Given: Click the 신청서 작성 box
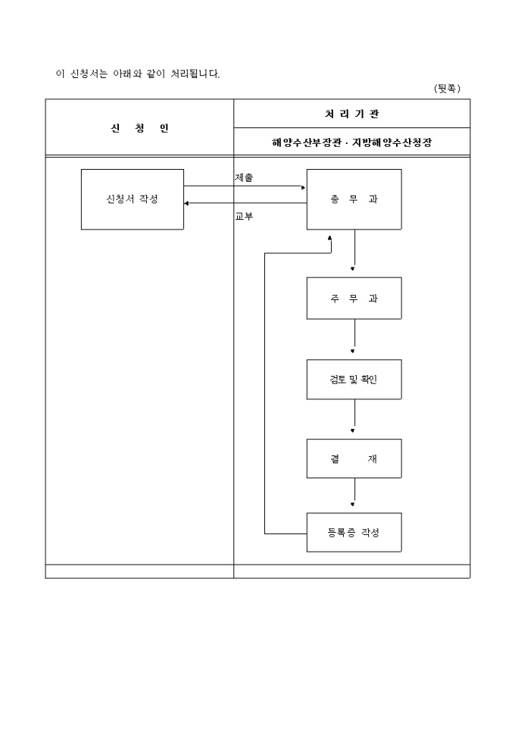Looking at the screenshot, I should [133, 199].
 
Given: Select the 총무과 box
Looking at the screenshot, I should [354, 199].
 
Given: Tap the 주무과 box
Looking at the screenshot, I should [354, 298].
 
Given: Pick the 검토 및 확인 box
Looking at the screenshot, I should [354, 380].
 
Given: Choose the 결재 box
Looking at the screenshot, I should [354, 458].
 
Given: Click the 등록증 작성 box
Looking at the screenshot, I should [354, 532].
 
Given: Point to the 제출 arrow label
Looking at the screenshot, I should [244, 177].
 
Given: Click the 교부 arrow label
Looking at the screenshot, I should [244, 216].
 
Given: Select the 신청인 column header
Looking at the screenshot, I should [139, 127].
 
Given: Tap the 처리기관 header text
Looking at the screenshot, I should [351, 114].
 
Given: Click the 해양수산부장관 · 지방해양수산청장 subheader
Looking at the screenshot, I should [351, 142].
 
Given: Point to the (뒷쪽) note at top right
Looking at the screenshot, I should [447, 89].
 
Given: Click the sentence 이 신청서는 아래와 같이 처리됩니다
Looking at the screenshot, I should [138, 74].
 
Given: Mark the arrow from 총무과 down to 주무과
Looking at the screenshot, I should [354, 250].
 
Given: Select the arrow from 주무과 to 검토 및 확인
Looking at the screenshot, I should [354, 336].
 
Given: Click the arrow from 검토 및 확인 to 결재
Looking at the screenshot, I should [354, 416].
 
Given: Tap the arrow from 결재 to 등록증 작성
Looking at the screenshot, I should [354, 493].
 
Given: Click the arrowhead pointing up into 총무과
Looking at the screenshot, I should [330, 237].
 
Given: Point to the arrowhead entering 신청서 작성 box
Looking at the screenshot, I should [188, 203].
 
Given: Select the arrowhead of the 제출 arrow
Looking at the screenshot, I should [303, 186].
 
